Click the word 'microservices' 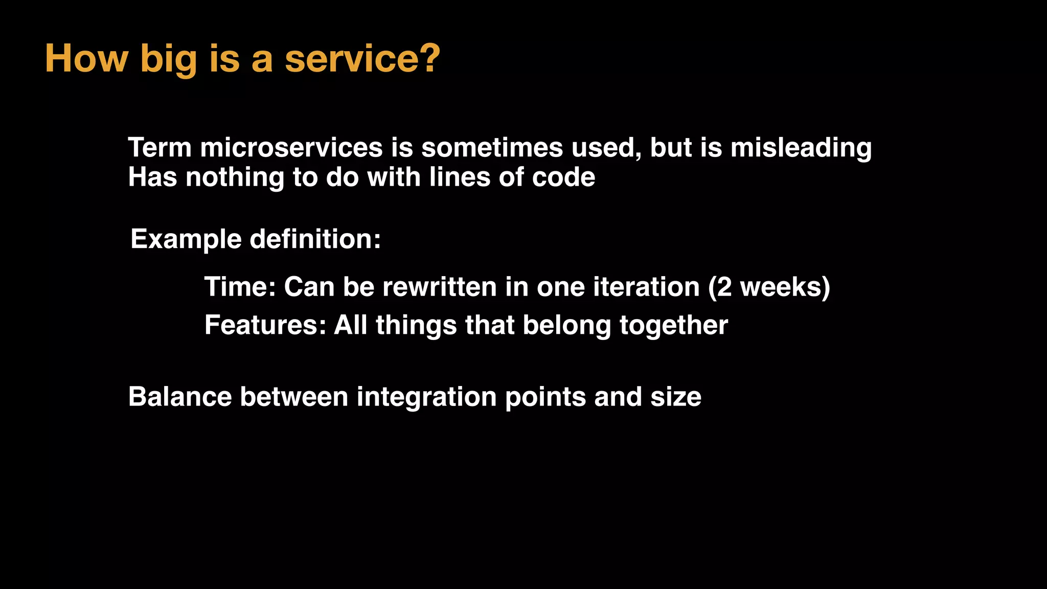click(291, 148)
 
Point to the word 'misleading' click(801, 149)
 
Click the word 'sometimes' click(492, 148)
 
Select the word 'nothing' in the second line click(235, 178)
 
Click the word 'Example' click(186, 240)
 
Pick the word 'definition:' click(315, 239)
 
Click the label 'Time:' click(240, 287)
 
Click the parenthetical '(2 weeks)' click(769, 287)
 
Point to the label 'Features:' click(265, 325)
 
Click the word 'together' click(673, 326)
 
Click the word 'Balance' click(180, 397)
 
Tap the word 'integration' click(426, 398)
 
